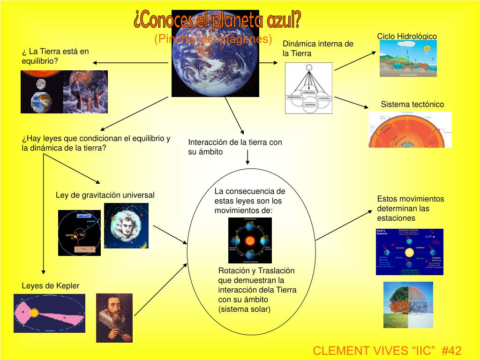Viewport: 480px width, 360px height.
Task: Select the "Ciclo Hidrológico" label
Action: click(407, 37)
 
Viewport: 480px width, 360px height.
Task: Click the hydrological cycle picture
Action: click(408, 58)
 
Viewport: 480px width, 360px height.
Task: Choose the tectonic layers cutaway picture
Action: click(410, 129)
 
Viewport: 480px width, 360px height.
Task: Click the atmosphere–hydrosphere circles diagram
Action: click(308, 88)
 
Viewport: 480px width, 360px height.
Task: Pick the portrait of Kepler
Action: click(114, 317)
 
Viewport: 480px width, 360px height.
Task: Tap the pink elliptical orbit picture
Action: click(49, 313)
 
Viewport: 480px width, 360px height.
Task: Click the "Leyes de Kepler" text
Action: click(51, 285)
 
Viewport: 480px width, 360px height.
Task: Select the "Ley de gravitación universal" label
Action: click(105, 195)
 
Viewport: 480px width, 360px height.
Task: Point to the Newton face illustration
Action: click(126, 225)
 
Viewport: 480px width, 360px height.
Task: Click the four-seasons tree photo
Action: click(408, 305)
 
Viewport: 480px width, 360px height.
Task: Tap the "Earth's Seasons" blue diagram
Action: click(409, 252)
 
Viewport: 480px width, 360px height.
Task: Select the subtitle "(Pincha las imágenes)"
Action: click(213, 39)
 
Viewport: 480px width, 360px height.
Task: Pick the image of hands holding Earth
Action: click(85, 92)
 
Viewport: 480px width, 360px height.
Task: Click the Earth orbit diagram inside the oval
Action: click(250, 240)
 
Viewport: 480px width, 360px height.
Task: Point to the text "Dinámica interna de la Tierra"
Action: click(317, 49)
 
